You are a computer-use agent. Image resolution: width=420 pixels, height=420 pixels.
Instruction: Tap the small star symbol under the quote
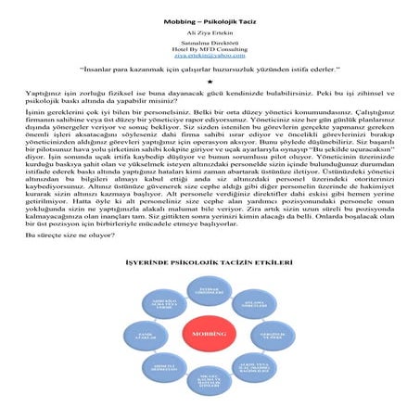pos(210,82)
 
